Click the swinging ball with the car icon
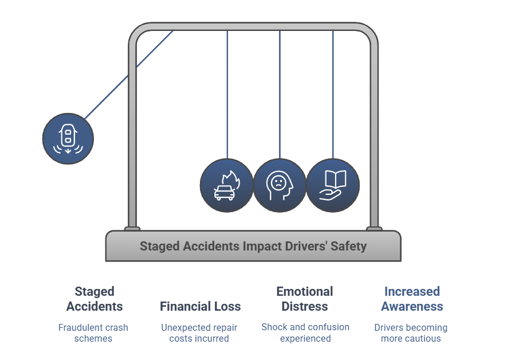pos(68,139)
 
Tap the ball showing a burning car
pos(227,185)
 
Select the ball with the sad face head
pos(280,185)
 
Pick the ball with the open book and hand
pos(333,185)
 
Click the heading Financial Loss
pos(200,306)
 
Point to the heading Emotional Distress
pos(305,299)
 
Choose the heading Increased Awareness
pos(412,299)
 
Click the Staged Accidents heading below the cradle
pos(95,299)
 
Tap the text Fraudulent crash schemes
pos(93,333)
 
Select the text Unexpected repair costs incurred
pos(199,333)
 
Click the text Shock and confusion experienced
pos(305,332)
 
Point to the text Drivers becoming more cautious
pos(411,333)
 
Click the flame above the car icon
pos(232,179)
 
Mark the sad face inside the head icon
pos(278,183)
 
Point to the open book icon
pos(336,179)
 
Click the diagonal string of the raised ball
pos(129,75)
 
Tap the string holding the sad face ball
pos(280,95)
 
